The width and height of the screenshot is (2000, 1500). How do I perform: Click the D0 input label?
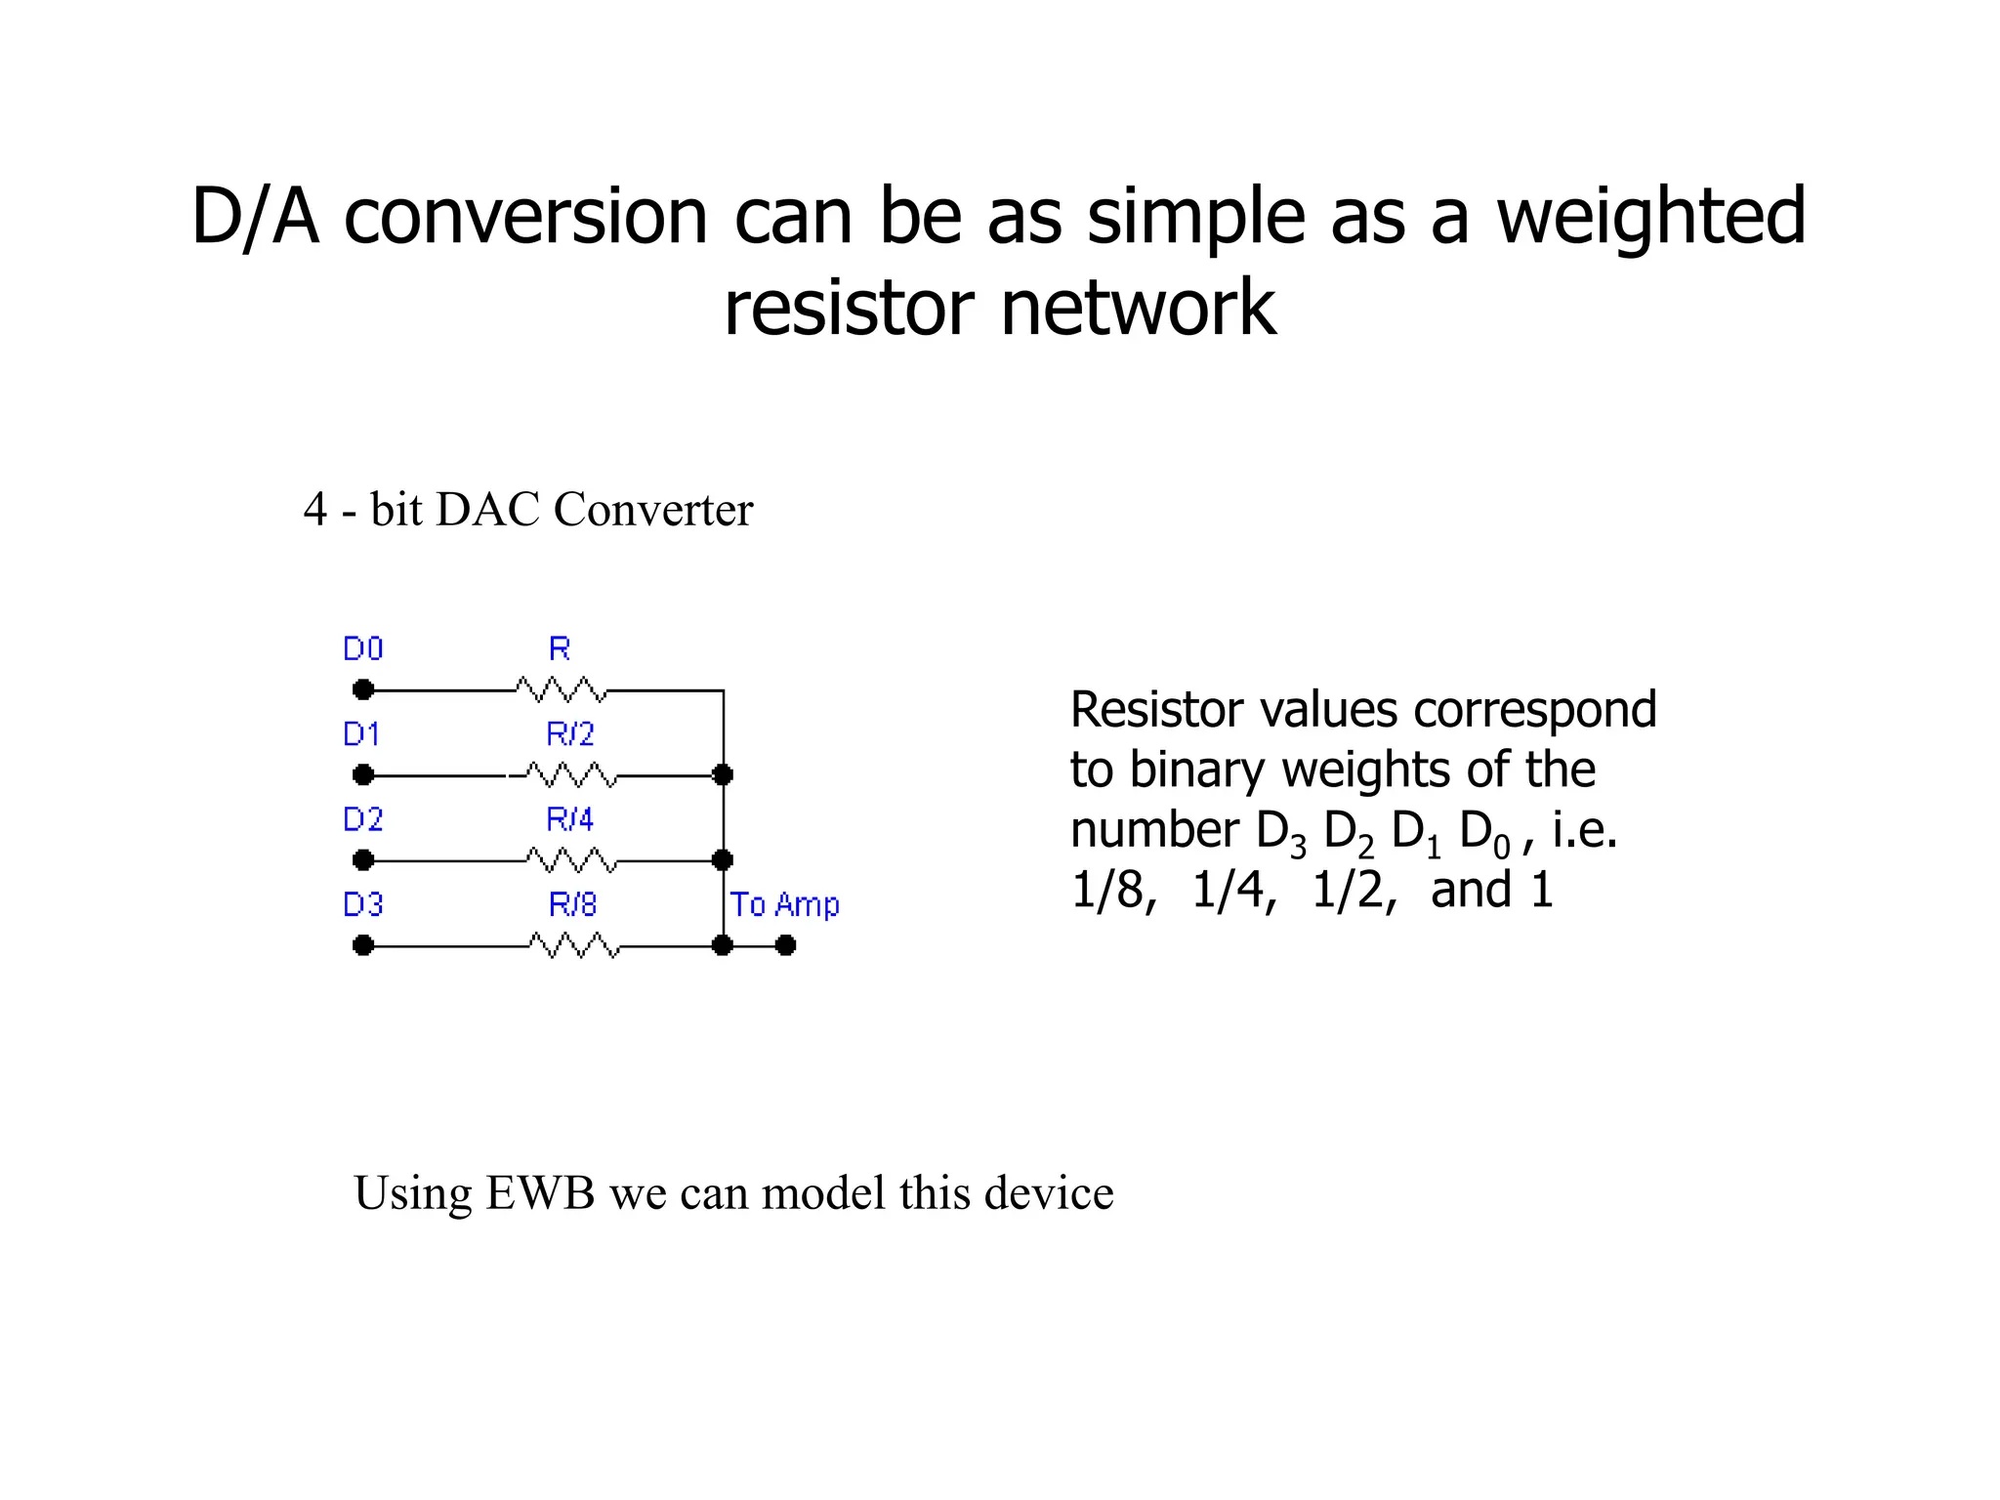(x=362, y=649)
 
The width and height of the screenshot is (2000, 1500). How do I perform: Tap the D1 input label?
(x=361, y=734)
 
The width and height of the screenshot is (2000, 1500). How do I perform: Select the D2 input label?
(x=362, y=819)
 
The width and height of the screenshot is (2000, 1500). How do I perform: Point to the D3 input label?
(x=362, y=905)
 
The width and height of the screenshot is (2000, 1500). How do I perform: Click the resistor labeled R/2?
(x=571, y=775)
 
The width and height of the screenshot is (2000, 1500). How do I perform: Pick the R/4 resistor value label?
(x=570, y=819)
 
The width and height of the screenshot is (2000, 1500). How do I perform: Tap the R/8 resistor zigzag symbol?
(x=574, y=945)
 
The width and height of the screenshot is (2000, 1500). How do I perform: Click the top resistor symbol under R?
(x=562, y=689)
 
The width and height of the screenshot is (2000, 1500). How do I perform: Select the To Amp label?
(x=784, y=905)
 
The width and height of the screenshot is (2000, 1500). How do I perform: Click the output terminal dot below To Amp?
(x=786, y=945)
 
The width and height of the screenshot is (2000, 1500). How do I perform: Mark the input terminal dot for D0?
(x=363, y=690)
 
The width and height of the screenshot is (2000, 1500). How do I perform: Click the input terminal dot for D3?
(x=363, y=945)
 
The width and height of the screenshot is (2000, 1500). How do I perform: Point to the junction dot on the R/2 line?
(x=723, y=775)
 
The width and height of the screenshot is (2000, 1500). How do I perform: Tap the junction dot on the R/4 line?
(x=723, y=860)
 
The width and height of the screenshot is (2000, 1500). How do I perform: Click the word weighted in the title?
(x=1650, y=217)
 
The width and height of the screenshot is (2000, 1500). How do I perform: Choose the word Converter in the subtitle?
(x=653, y=510)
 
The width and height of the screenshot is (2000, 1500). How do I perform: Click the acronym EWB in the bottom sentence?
(x=540, y=1193)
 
